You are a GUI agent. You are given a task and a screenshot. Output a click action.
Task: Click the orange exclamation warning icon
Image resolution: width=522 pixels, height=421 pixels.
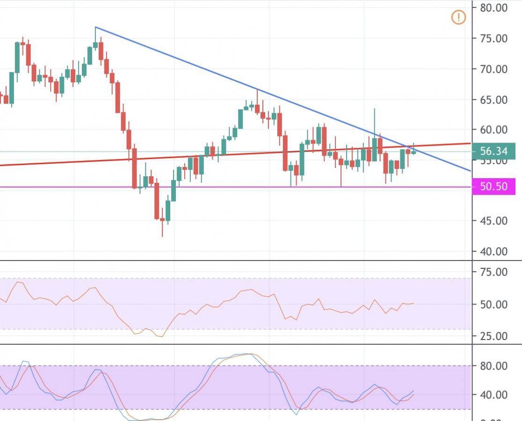459,18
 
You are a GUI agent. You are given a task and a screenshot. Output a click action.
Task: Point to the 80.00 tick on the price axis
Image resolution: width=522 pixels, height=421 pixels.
494,8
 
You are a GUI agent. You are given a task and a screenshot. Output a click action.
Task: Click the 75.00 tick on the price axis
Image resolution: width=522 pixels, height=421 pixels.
494,38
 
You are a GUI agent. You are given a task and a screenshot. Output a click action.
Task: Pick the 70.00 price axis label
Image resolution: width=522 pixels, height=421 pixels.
494,69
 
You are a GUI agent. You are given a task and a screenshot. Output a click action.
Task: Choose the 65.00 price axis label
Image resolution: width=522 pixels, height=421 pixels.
494,100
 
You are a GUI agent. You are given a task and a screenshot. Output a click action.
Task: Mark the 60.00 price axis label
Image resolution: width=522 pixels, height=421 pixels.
494,130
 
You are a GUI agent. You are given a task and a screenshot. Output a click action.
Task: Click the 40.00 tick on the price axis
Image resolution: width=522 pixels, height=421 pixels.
494,251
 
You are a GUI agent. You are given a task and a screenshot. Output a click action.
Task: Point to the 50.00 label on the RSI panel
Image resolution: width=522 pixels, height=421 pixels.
494,305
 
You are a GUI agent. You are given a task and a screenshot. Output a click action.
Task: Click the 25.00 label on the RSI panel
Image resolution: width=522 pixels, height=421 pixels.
494,336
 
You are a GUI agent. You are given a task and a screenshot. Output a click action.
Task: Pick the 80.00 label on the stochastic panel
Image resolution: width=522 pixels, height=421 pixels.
494,365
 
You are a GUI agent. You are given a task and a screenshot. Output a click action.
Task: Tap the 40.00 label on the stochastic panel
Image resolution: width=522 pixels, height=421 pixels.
494,395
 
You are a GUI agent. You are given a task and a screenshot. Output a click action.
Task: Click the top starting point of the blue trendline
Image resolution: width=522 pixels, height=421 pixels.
95,27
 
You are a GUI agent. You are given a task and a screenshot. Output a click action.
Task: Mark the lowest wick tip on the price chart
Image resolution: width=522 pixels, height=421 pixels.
162,236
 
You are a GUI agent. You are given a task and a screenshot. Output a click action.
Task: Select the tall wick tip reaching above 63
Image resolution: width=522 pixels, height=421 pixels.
374,109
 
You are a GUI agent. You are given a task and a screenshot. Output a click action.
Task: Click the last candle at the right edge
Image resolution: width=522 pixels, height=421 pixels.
413,151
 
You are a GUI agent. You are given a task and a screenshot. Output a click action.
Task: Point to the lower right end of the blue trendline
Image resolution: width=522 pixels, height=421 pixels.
470,171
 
